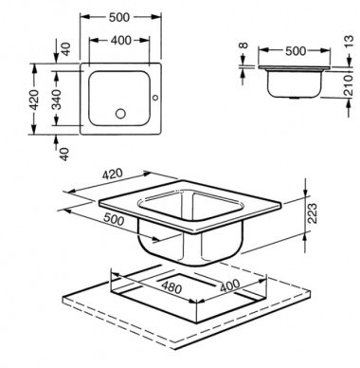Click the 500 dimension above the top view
[x=119, y=18]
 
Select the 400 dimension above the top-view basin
[x=121, y=41]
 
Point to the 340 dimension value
[x=57, y=100]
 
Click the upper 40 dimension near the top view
[x=65, y=49]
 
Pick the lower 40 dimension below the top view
[x=64, y=154]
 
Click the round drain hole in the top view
[x=120, y=114]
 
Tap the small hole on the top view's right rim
[x=155, y=98]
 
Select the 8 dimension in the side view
[x=243, y=46]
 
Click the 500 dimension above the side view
[x=296, y=51]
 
